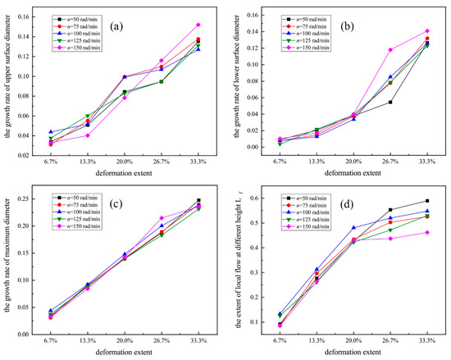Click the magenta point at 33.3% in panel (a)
click(x=198, y=25)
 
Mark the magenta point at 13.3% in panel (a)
click(x=88, y=135)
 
